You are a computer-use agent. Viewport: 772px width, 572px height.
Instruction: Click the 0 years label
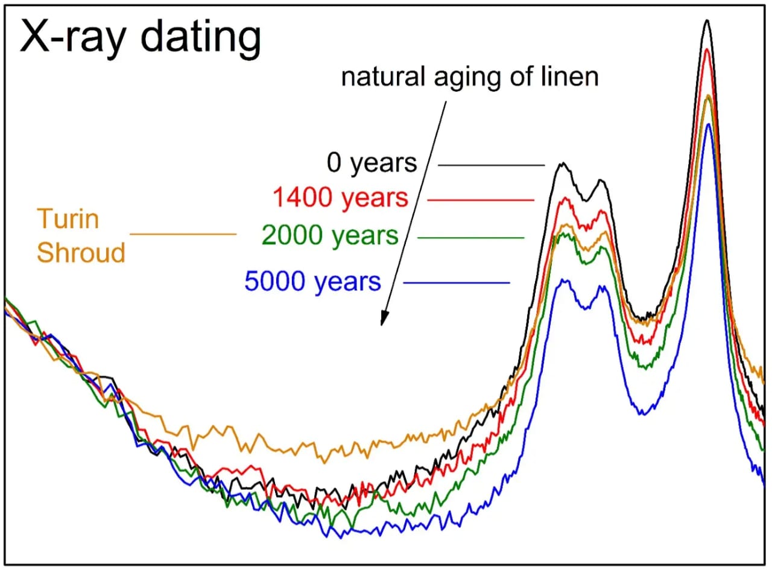(x=372, y=163)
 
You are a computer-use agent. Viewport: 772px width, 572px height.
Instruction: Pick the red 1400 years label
(x=340, y=198)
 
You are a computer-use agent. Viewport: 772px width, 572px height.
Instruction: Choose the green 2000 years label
(x=331, y=236)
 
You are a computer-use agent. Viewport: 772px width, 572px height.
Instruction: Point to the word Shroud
(x=81, y=252)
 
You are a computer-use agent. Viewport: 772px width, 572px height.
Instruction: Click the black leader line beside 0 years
(x=491, y=165)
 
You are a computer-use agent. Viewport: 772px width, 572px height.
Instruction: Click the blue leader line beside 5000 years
(x=457, y=283)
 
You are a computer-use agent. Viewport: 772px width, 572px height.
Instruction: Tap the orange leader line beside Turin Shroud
(x=183, y=234)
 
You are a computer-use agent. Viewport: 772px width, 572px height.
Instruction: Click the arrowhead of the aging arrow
(x=382, y=319)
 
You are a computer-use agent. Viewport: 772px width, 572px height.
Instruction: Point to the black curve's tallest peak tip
(x=707, y=21)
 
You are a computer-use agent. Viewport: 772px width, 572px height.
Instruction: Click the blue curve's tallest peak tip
(x=709, y=124)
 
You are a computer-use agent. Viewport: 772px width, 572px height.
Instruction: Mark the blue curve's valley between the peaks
(x=643, y=414)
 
